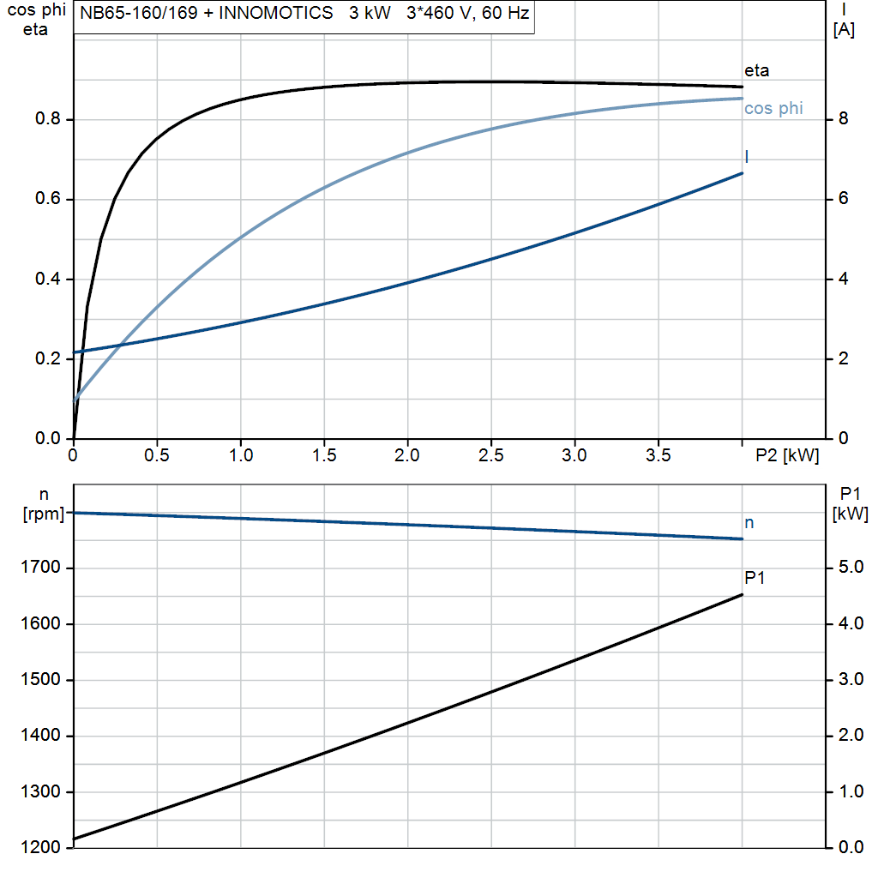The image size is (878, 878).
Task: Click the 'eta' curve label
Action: [x=757, y=70]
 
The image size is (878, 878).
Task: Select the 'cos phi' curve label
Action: [x=773, y=108]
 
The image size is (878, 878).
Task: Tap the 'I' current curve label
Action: [x=747, y=156]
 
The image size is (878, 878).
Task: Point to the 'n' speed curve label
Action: [x=749, y=522]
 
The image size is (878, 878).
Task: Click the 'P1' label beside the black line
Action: [x=755, y=578]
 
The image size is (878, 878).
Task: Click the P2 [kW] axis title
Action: [x=787, y=456]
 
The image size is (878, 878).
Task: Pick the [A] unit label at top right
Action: [x=844, y=30]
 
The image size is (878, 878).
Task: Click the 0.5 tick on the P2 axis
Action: [x=157, y=456]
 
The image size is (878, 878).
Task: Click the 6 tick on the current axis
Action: [x=844, y=199]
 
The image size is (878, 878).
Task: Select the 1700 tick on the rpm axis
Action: [x=41, y=568]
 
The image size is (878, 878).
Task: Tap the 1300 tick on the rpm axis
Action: [x=41, y=791]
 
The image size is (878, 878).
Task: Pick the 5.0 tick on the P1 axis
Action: [x=849, y=568]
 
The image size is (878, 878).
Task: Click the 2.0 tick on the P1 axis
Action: [x=849, y=736]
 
